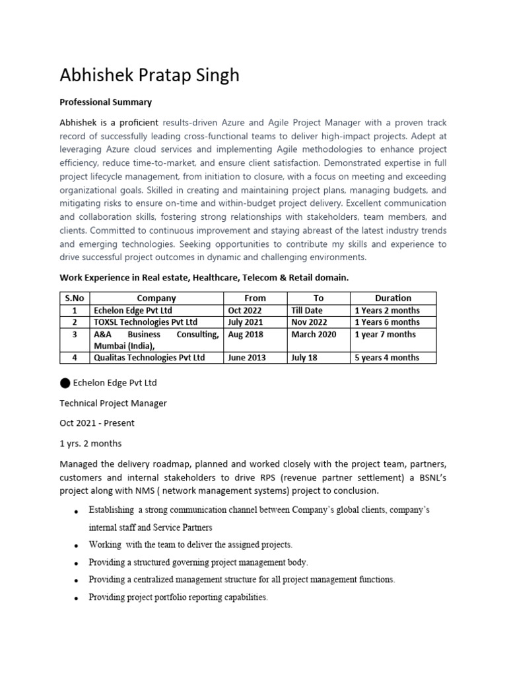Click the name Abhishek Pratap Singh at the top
[149, 76]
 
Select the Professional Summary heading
[106, 102]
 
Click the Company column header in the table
[156, 298]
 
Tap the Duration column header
[393, 298]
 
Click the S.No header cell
[75, 298]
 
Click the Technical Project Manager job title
[113, 403]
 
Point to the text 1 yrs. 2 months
[90, 444]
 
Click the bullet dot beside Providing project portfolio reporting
[77, 598]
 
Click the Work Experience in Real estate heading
[204, 278]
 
